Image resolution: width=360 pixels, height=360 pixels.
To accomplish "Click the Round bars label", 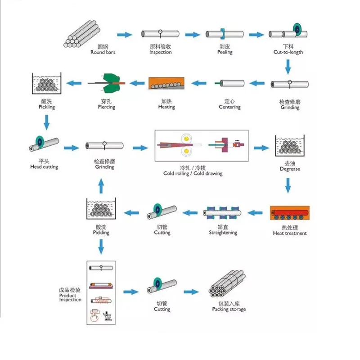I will click(103, 52).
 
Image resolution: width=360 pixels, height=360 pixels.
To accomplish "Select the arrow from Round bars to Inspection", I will click(125, 35).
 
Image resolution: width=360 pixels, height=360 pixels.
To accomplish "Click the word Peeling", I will click(225, 52).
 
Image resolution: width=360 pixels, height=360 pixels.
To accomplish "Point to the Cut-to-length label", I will click(288, 52).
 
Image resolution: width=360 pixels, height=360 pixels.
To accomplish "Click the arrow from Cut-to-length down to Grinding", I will click(288, 67).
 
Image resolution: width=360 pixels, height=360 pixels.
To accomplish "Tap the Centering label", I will click(229, 107).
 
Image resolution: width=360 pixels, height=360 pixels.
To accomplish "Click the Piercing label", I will click(106, 107).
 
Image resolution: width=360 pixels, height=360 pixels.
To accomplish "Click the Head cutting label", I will click(44, 167).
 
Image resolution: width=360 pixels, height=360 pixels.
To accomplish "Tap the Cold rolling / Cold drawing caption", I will click(193, 173).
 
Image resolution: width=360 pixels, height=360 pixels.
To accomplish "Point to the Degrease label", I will click(290, 169).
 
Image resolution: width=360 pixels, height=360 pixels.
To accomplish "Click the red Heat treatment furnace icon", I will click(290, 213).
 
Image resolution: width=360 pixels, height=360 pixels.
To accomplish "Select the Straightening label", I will click(223, 233).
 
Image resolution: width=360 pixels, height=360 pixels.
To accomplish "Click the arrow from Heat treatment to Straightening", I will click(256, 213).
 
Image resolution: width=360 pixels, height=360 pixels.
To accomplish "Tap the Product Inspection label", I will click(70, 297).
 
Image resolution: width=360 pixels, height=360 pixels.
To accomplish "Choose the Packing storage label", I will click(229, 309).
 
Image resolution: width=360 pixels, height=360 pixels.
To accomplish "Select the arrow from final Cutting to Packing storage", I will click(191, 292).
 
